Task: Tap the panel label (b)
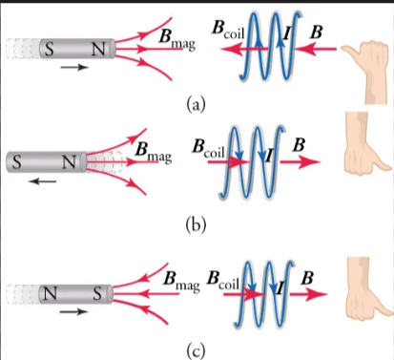[x=196, y=225]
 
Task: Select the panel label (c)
[x=196, y=349]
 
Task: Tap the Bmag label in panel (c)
[x=180, y=281]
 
